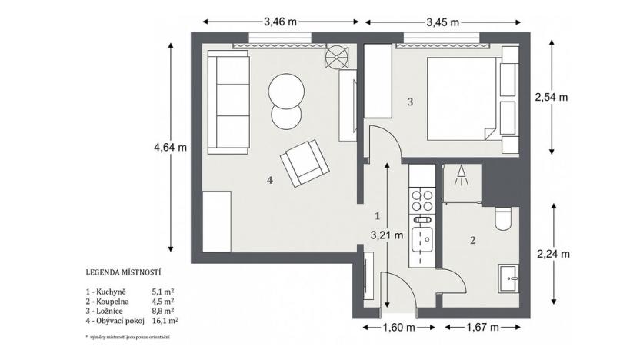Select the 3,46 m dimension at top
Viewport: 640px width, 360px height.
click(x=280, y=22)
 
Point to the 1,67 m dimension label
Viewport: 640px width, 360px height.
click(x=483, y=328)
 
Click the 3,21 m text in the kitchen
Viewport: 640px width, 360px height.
click(x=387, y=236)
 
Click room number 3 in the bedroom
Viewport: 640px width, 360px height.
click(x=410, y=102)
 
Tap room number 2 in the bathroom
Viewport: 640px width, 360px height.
click(x=472, y=240)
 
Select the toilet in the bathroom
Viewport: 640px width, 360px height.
click(x=504, y=219)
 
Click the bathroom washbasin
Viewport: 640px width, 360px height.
click(x=508, y=276)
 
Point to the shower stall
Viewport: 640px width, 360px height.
click(x=462, y=183)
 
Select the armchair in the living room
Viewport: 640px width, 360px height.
click(x=304, y=163)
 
